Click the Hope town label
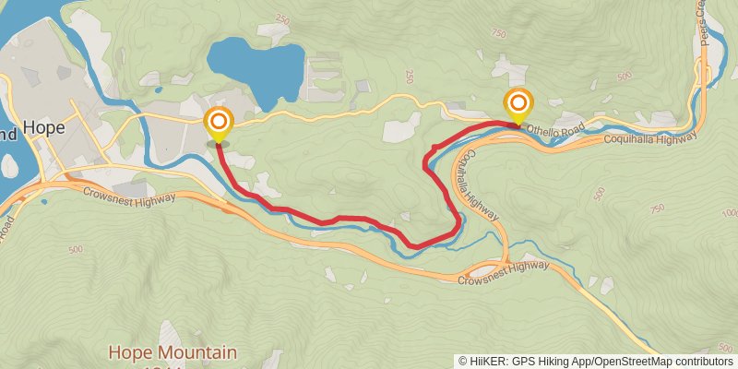[x=42, y=127]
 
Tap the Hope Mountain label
[x=173, y=352]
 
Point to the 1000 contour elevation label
[x=729, y=213]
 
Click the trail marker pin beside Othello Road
[x=518, y=105]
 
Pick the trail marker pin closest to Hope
[x=219, y=125]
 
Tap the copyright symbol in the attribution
[x=463, y=362]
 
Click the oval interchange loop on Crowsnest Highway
[x=483, y=271]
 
